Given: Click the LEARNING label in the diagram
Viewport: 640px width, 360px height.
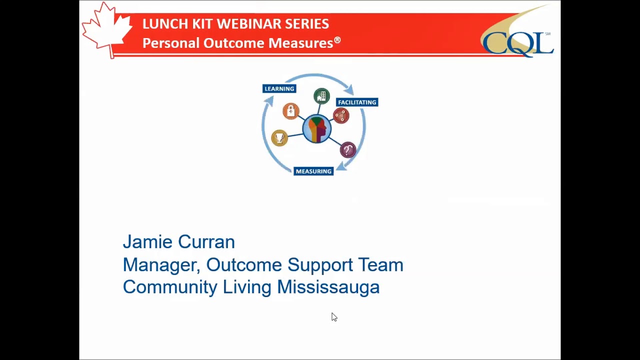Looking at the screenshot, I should pyautogui.click(x=279, y=88).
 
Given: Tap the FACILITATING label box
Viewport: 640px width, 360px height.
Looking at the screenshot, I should pyautogui.click(x=356, y=102).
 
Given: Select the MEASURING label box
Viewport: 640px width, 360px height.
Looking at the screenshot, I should pyautogui.click(x=313, y=171).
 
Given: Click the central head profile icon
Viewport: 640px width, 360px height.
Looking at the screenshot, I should pyautogui.click(x=316, y=128).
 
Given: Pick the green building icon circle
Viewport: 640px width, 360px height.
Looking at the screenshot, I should pyautogui.click(x=321, y=96).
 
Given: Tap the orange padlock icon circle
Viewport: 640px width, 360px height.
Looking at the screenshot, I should pyautogui.click(x=290, y=111).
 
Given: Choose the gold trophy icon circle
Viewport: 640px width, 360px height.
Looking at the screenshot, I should pyautogui.click(x=279, y=137).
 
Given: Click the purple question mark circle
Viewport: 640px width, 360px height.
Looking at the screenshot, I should pyautogui.click(x=347, y=149).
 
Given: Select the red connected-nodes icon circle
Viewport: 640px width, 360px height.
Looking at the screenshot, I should pyautogui.click(x=341, y=116).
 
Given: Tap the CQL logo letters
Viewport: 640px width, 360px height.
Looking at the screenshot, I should pyautogui.click(x=517, y=43).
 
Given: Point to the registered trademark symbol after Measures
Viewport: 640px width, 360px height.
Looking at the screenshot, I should pyautogui.click(x=337, y=40).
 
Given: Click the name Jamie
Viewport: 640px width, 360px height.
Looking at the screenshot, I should pyautogui.click(x=147, y=242).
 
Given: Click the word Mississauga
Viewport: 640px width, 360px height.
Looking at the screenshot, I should pyautogui.click(x=328, y=287).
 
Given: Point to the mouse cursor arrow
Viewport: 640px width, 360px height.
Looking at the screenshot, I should pyautogui.click(x=333, y=316).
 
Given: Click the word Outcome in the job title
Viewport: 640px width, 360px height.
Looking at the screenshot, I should pyautogui.click(x=244, y=265).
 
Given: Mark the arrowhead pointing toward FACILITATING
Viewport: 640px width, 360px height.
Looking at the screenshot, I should pyautogui.click(x=349, y=89).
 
